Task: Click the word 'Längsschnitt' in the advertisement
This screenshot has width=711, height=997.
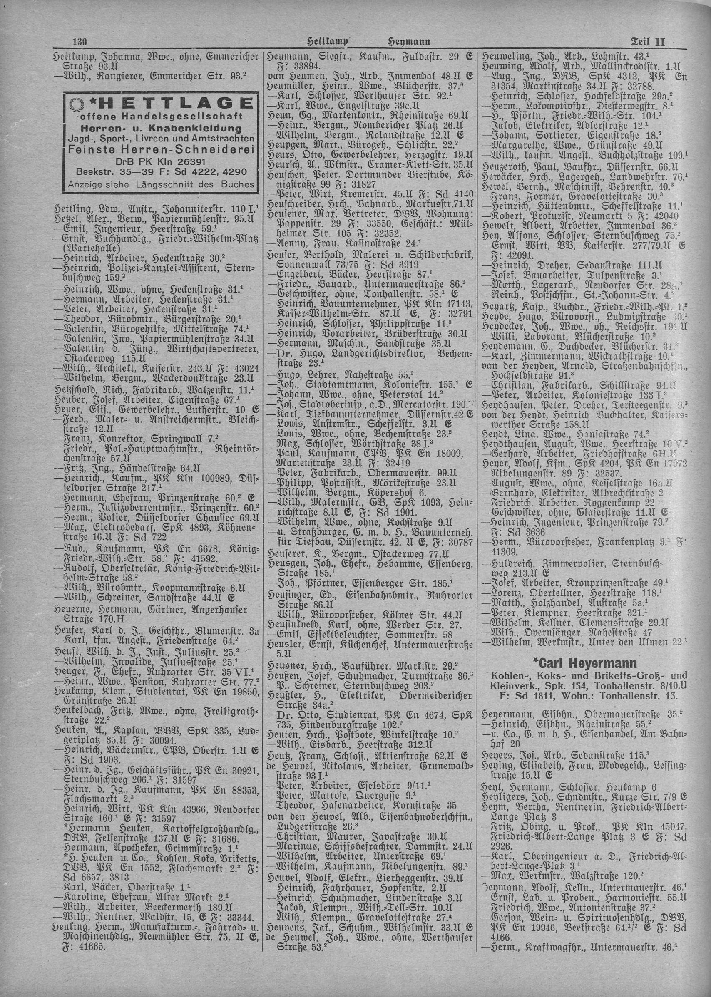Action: click(x=171, y=185)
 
